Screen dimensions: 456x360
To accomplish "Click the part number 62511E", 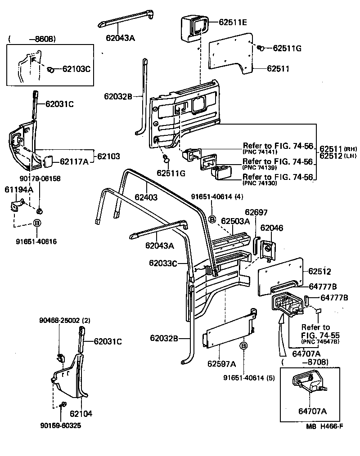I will [233, 22].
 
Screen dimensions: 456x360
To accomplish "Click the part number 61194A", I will [18, 189].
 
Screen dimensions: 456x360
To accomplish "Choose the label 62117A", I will [74, 161].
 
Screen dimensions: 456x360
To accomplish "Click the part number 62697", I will [256, 212].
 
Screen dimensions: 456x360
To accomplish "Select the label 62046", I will [272, 228].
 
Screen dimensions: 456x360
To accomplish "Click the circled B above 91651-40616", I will [38, 223].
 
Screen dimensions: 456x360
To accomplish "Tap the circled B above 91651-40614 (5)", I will [243, 345].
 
